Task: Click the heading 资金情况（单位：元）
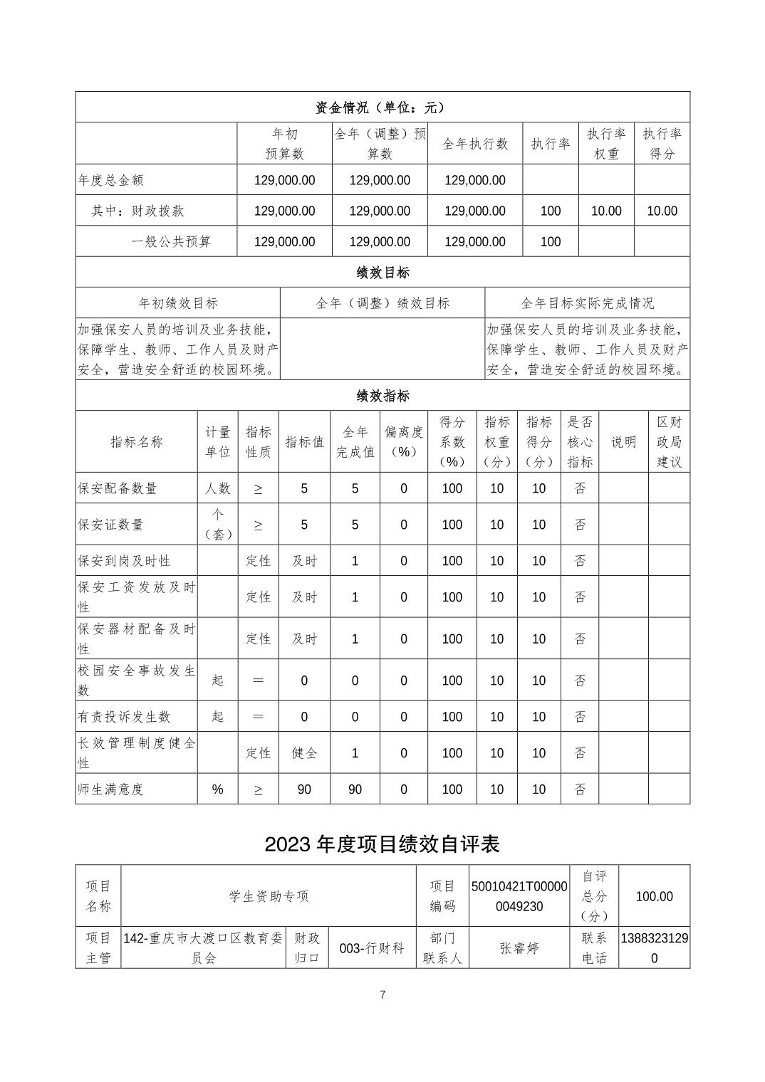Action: point(382,107)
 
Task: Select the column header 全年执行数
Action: point(475,144)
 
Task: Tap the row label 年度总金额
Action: point(111,180)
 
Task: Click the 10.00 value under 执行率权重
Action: point(606,211)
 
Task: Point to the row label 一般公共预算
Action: point(172,241)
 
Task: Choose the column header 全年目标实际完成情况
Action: point(587,303)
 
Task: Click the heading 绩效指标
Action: point(382,396)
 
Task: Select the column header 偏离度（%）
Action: point(404,441)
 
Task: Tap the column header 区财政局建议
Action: point(669,441)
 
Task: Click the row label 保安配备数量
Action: point(118,488)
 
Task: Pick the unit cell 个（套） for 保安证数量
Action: point(217,524)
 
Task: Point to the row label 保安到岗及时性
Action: point(125,561)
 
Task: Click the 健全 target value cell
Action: point(304,753)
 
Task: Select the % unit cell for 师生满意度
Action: point(217,789)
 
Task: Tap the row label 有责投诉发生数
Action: point(125,717)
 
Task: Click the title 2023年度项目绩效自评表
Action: point(382,844)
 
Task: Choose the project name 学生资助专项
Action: point(269,896)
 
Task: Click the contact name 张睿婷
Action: point(519,948)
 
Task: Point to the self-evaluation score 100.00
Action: point(654,896)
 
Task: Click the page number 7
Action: point(382,994)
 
